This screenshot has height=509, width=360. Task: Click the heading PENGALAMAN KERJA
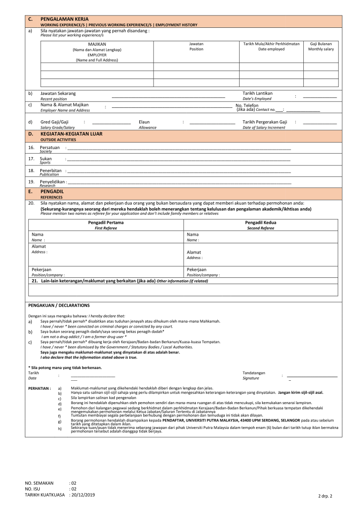click(64, 19)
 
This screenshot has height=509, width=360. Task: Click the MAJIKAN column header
click(97, 44)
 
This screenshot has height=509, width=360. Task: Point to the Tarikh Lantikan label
click(257, 93)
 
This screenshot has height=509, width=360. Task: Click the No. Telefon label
click(247, 105)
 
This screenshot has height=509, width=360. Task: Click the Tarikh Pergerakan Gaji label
click(265, 122)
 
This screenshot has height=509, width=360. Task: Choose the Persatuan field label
click(50, 148)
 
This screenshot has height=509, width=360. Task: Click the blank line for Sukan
click(179, 161)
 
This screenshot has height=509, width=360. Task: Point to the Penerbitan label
click(51, 170)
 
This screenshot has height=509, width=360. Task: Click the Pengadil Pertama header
click(106, 223)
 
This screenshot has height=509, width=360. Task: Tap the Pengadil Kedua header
click(261, 223)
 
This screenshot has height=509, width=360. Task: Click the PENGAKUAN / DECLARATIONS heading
click(59, 305)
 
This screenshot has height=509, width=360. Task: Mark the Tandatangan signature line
click(312, 376)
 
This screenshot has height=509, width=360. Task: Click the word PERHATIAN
click(39, 388)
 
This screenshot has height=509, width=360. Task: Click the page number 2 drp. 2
click(325, 496)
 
